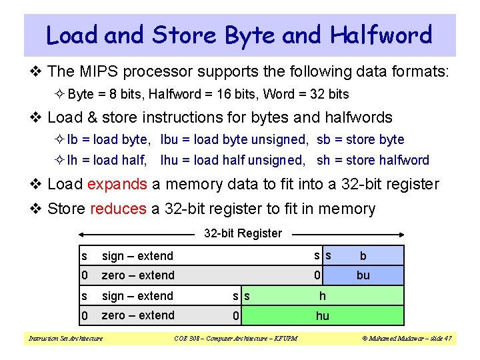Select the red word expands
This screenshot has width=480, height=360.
tap(117, 184)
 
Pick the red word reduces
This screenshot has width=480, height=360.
tap(117, 209)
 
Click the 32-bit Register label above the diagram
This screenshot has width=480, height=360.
tap(243, 233)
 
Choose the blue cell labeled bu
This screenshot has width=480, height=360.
tap(364, 275)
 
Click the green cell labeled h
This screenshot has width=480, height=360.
tap(323, 295)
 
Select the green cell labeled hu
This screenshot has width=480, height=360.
tap(323, 315)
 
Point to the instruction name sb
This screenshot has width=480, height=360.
tap(324, 139)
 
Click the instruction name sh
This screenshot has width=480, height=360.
tap(324, 160)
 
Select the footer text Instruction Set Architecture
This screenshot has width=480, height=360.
tap(66, 339)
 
